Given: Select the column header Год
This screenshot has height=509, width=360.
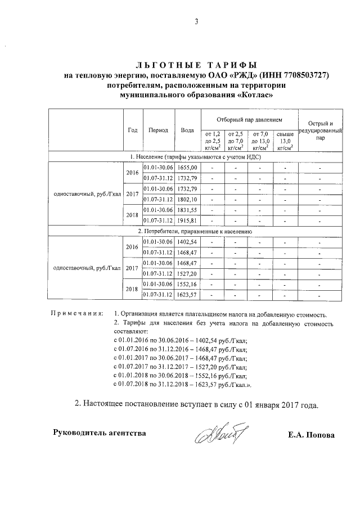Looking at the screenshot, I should (x=132, y=130).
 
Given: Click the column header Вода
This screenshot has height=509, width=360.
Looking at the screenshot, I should (x=187, y=130).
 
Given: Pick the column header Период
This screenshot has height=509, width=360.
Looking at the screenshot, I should (x=158, y=130).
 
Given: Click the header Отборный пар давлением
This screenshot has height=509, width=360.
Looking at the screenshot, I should (x=249, y=120).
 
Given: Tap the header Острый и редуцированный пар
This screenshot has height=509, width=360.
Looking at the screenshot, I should (x=321, y=130).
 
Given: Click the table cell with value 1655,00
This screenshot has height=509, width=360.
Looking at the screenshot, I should (x=187, y=168).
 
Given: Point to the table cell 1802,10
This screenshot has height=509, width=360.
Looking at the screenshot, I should (x=187, y=199).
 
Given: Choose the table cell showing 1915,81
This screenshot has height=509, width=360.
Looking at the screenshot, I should (x=187, y=219).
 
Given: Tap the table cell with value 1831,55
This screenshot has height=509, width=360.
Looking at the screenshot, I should (x=187, y=209).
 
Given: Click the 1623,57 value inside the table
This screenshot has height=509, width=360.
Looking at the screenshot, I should (x=187, y=294).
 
